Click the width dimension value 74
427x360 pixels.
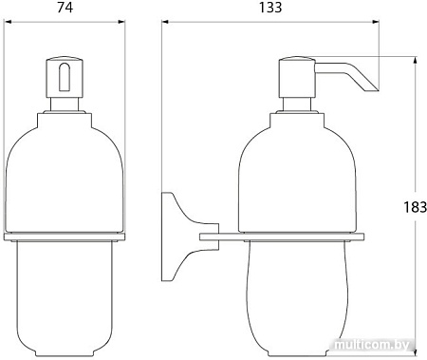[x=65, y=8]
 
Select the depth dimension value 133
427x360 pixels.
[x=270, y=8]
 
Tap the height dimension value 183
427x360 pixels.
[x=415, y=207]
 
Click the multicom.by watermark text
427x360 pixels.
[x=372, y=345]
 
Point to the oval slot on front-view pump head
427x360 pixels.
[x=65, y=77]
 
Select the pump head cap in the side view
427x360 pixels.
[x=297, y=77]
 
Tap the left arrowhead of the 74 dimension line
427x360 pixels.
[x=8, y=22]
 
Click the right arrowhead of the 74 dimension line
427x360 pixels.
[x=121, y=22]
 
